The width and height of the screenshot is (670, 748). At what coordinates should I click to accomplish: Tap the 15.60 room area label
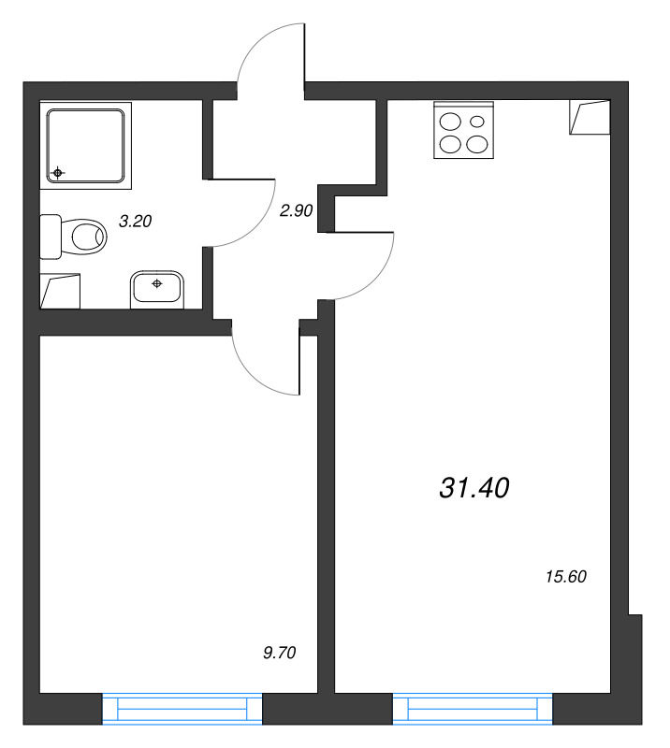pyautogui.click(x=564, y=577)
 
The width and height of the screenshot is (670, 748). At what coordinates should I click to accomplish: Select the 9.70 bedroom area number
pyautogui.click(x=280, y=654)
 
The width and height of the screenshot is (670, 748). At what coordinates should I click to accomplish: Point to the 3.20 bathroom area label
pyautogui.click(x=135, y=222)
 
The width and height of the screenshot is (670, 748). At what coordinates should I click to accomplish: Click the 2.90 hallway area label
pyautogui.click(x=296, y=211)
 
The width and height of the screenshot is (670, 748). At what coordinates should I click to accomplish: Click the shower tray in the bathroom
pyautogui.click(x=86, y=145)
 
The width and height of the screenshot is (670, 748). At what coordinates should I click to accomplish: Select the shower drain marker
pyautogui.click(x=59, y=173)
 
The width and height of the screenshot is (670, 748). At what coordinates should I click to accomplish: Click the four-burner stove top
pyautogui.click(x=463, y=133)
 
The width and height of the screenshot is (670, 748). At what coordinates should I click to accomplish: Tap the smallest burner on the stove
pyautogui.click(x=477, y=121)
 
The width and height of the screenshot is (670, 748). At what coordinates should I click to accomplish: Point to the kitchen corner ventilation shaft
pyautogui.click(x=590, y=118)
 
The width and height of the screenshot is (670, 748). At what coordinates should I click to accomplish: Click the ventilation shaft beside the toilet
pyautogui.click(x=61, y=291)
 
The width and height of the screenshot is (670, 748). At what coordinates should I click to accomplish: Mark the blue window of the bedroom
pyautogui.click(x=182, y=709)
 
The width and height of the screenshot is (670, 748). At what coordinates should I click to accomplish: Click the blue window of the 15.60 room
pyautogui.click(x=473, y=709)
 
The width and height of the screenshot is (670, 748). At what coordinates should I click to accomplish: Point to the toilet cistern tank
pyautogui.click(x=51, y=237)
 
